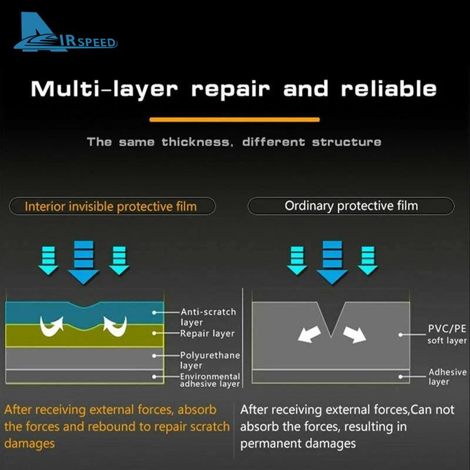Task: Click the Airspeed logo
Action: tap(65, 32)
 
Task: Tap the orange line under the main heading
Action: tap(234, 120)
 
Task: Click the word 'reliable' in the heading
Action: tap(388, 89)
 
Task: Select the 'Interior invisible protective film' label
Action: tap(111, 207)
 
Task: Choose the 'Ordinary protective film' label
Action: tap(351, 206)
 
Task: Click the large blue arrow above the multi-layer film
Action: tap(83, 262)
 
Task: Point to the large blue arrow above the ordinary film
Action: tap(332, 262)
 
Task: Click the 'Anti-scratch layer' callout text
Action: tap(208, 317)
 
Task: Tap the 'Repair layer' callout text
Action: tap(207, 333)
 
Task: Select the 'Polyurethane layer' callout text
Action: tap(210, 360)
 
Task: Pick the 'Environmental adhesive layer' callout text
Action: tap(210, 380)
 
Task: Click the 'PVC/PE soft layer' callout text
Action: tap(447, 334)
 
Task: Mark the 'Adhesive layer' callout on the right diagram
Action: tap(447, 377)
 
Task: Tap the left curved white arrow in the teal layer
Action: tap(52, 326)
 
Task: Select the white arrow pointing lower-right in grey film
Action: tap(355, 334)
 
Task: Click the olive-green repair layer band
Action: tap(85, 336)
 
